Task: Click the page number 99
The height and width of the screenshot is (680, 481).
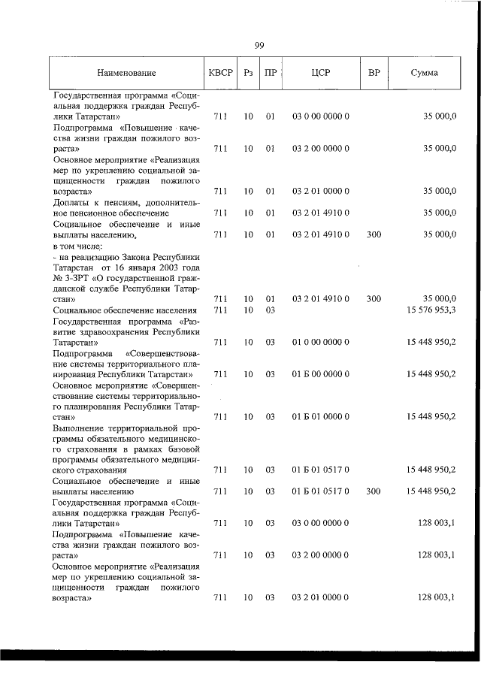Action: pyautogui.click(x=259, y=46)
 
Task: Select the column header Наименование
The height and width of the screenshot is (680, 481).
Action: pyautogui.click(x=126, y=73)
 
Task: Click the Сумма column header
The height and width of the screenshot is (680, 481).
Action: pyautogui.click(x=425, y=73)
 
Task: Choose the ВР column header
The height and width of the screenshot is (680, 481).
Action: pyautogui.click(x=374, y=73)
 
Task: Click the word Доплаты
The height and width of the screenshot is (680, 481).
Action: pyautogui.click(x=71, y=202)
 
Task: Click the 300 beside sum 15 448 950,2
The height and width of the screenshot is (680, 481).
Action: pyautogui.click(x=374, y=491)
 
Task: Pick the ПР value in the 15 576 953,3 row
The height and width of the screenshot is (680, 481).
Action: pyautogui.click(x=271, y=310)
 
